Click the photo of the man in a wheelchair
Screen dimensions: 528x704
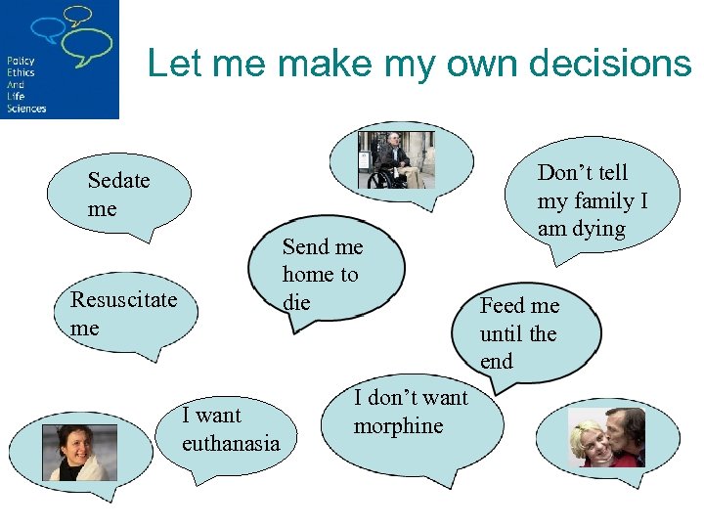pyautogui.click(x=396, y=159)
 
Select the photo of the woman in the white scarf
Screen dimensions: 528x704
pyautogui.click(x=71, y=452)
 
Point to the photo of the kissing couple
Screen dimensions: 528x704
pyautogui.click(x=606, y=437)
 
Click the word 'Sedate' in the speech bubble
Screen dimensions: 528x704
pyautogui.click(x=118, y=180)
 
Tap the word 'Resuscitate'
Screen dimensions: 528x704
pyautogui.click(x=123, y=299)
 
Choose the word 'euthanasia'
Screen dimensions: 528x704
pyautogui.click(x=231, y=443)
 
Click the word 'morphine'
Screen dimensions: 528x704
pyautogui.click(x=398, y=426)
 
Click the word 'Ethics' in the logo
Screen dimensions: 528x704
pyautogui.click(x=20, y=72)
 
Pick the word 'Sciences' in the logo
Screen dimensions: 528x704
pyautogui.click(x=26, y=109)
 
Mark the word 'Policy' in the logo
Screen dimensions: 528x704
pyautogui.click(x=20, y=61)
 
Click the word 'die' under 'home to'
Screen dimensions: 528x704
pyautogui.click(x=296, y=303)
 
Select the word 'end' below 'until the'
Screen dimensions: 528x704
pyautogui.click(x=496, y=362)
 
